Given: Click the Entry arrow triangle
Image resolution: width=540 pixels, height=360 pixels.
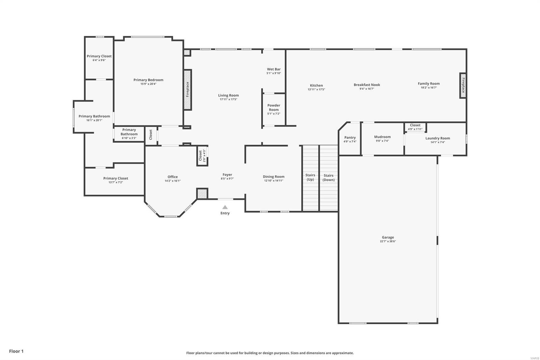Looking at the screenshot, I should tap(225, 207).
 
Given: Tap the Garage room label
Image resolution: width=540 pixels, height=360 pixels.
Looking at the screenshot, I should tap(388, 237).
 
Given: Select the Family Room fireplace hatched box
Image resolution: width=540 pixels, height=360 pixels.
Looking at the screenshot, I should tap(463, 85).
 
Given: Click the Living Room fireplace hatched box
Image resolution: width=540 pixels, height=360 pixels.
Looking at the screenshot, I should tap(188, 89).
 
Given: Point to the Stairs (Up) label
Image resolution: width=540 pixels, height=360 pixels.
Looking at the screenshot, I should tap(310, 177).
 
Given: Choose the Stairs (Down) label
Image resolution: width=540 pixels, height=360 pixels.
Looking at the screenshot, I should tap(328, 178).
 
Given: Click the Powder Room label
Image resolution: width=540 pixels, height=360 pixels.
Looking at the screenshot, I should tap(274, 107).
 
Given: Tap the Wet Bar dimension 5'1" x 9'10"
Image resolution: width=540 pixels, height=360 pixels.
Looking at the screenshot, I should tap(274, 73).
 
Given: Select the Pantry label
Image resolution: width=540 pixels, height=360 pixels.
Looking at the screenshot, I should tap(350, 137).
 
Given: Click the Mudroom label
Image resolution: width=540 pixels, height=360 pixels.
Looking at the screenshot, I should tap(382, 137).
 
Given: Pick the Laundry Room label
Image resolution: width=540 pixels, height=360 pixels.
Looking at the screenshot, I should tap(437, 138).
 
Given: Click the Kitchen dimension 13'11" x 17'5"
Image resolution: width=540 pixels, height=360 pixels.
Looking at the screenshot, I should tap(316, 89).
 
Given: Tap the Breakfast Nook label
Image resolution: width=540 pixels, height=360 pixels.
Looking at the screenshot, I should tap(367, 85).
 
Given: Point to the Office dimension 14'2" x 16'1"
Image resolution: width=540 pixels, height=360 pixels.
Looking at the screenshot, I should tap(172, 181).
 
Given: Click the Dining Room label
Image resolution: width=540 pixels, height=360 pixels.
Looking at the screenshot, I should tap(273, 177).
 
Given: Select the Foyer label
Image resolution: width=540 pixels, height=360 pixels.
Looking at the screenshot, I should tap(227, 175).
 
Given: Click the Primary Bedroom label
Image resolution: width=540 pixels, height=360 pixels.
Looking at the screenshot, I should tap(148, 80).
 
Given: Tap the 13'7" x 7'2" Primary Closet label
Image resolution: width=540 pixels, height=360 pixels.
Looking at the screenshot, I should tap(115, 178).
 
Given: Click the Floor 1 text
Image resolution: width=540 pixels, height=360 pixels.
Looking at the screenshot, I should tap(16, 351).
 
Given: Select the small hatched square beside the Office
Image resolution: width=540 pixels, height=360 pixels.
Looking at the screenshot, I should tap(202, 194).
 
